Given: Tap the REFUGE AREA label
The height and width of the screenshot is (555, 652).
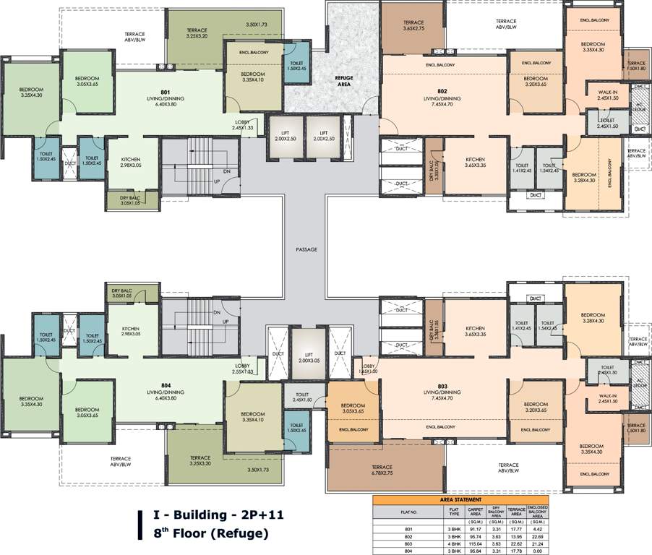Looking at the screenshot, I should [342, 81].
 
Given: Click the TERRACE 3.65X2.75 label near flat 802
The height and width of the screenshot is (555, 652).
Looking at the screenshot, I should [413, 26].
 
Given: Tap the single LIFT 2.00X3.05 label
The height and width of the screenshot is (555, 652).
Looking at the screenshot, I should [309, 357].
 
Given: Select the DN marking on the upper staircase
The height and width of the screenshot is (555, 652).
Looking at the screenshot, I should [226, 171].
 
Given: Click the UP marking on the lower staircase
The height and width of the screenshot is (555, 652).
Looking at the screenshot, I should [226, 322].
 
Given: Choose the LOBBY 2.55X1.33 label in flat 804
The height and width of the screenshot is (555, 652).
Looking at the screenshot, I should [242, 369].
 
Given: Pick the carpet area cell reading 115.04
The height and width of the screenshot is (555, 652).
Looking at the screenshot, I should [476, 543].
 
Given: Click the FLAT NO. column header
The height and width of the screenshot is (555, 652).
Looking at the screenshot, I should [410, 512].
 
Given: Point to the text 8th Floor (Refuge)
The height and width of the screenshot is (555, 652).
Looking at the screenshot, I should [210, 534].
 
